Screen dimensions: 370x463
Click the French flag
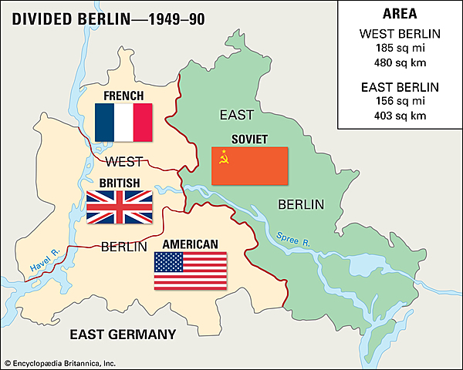click(123, 122)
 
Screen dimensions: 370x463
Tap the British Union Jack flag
click(119, 207)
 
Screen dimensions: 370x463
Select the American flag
click(191, 271)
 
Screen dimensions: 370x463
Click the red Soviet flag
click(250, 166)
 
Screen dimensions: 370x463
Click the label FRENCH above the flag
click(123, 95)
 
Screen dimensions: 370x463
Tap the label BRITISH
click(119, 183)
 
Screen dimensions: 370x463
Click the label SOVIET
click(250, 140)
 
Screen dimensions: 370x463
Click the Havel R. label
click(44, 263)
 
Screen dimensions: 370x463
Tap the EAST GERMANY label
click(123, 334)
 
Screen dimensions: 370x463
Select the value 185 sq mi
click(400, 49)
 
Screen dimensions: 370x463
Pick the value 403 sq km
click(400, 116)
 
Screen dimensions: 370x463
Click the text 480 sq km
click(400, 62)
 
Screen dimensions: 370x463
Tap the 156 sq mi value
click(400, 102)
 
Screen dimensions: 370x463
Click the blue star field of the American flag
click(168, 262)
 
